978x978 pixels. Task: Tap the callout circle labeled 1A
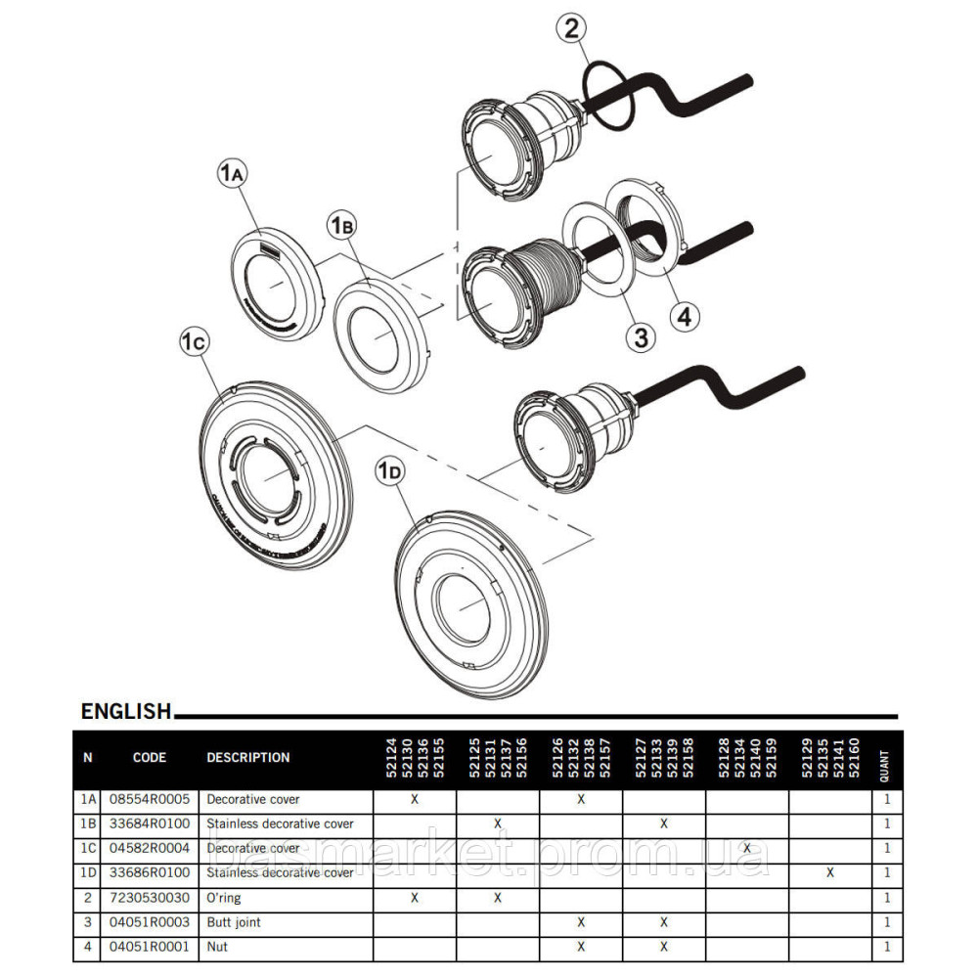[233, 174]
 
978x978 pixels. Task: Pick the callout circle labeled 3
[641, 337]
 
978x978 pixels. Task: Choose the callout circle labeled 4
[685, 316]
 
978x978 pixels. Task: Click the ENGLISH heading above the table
[126, 711]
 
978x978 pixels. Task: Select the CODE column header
[150, 757]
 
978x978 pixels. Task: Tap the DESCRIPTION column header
[248, 757]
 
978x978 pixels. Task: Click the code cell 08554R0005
[150, 799]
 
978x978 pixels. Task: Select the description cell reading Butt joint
[234, 921]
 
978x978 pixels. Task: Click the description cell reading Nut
[216, 946]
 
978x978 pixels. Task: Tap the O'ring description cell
[223, 897]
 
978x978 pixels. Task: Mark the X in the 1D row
[829, 872]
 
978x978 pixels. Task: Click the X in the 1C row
[747, 848]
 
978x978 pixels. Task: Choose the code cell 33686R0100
[150, 872]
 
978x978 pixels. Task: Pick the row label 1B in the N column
[88, 823]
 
